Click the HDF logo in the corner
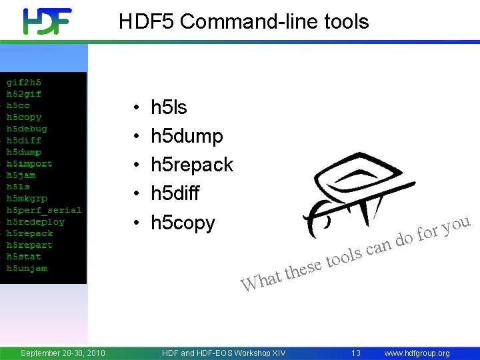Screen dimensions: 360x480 (47, 21)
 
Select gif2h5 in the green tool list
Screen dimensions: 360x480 (24, 82)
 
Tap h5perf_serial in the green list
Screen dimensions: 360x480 (43, 210)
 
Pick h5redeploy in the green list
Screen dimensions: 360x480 (36, 222)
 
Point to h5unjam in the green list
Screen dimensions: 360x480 (27, 268)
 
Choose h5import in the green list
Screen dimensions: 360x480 (29, 164)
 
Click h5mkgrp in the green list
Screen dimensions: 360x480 (27, 199)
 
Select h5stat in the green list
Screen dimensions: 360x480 (24, 257)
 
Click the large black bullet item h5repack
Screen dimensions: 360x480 (192, 165)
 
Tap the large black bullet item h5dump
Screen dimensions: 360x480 (187, 136)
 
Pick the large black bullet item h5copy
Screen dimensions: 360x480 (183, 222)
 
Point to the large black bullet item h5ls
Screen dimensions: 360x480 (169, 107)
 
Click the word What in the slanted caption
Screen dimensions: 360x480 (261, 280)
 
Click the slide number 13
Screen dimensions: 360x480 (356, 353)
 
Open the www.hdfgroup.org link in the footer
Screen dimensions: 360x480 (417, 353)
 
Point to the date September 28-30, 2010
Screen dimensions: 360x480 (63, 353)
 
